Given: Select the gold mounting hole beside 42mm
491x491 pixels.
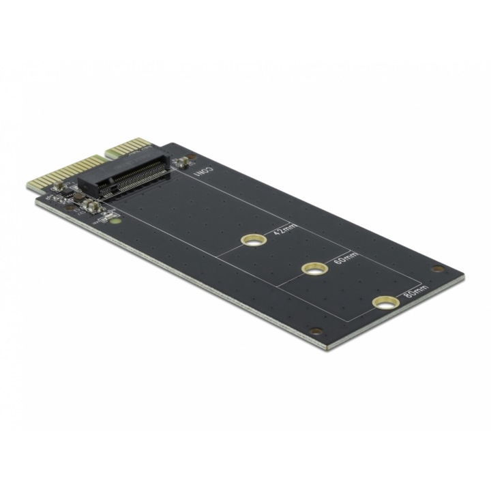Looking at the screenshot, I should click(x=253, y=240).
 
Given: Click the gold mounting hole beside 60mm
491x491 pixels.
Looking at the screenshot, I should click(x=314, y=269).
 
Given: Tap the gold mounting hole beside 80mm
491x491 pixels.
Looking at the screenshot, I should click(x=385, y=301).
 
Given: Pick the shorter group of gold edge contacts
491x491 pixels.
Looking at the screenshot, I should click(x=130, y=147).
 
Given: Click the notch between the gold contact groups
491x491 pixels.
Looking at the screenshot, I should click(x=102, y=157).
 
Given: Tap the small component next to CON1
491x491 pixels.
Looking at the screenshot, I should click(x=182, y=162).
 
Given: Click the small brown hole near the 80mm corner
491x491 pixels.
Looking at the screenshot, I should click(x=437, y=269).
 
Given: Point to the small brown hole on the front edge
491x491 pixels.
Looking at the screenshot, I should click(x=315, y=331).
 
